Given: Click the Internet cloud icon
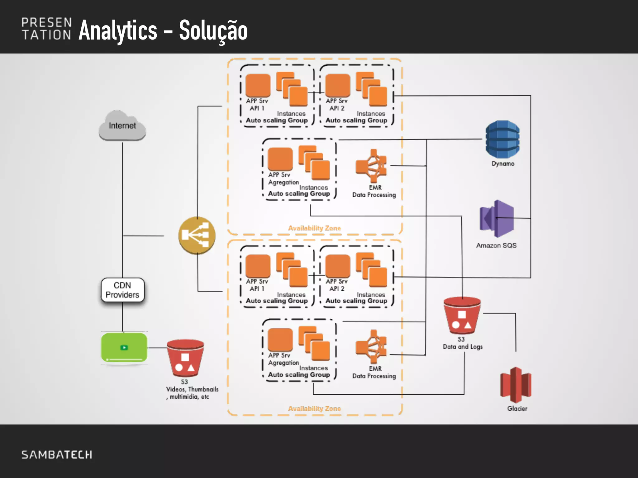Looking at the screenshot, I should point(122,126).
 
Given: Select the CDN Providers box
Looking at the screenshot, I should point(122,290).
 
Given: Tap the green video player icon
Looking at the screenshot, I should point(124,348).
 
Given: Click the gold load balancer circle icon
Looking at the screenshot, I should point(197,236).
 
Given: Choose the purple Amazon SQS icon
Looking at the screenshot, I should point(497,219).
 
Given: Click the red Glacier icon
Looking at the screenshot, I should point(516,385).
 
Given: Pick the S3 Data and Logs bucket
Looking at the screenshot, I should point(462,316).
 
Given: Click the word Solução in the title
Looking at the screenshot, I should point(213,30).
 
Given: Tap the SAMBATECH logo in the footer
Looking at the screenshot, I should point(57,455).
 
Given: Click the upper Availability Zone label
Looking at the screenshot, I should point(314,228).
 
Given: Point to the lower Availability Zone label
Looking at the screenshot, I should point(314,409).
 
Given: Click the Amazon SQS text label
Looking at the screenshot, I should point(496,246).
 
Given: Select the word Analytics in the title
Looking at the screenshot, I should point(118,30).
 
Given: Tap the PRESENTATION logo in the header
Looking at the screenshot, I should point(47,29).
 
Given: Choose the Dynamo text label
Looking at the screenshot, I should point(503,164).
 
